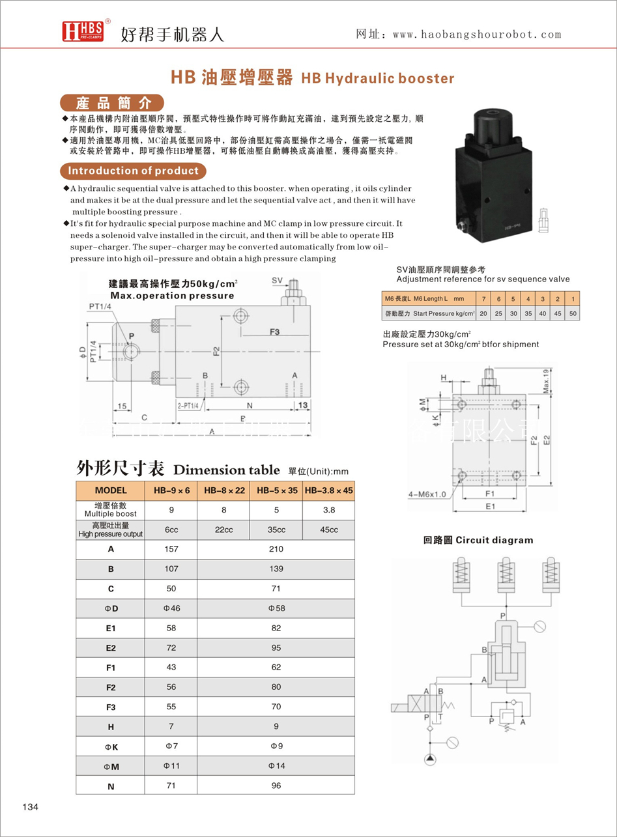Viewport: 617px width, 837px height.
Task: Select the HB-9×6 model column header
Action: tap(171, 490)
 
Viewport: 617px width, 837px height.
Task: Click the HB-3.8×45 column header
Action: tap(328, 490)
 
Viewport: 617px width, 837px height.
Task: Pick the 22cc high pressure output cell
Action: tap(223, 530)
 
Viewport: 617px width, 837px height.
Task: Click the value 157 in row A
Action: tap(171, 549)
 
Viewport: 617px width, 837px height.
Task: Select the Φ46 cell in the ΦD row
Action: tap(171, 608)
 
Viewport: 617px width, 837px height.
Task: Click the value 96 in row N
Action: tap(276, 786)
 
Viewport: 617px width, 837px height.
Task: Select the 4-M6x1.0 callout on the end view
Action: tap(427, 494)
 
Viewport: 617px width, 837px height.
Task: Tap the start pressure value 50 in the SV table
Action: tap(573, 314)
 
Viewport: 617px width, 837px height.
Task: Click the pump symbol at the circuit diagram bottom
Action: tap(429, 759)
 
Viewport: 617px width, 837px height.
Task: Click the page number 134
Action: tap(31, 807)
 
